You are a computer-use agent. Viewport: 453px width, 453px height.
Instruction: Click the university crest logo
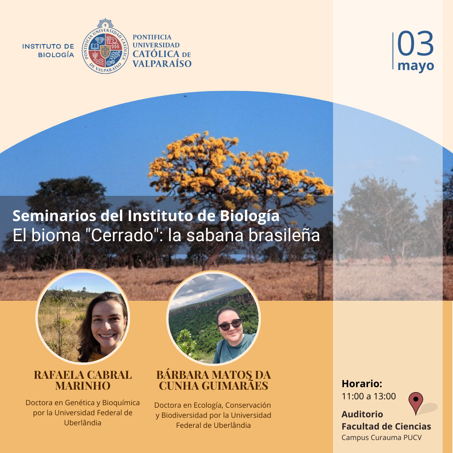[x=105, y=46]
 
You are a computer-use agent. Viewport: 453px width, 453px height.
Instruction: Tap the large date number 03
[x=415, y=44]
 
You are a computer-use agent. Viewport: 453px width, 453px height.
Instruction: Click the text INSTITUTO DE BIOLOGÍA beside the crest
[x=48, y=51]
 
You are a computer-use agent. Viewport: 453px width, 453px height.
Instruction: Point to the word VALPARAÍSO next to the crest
[x=162, y=64]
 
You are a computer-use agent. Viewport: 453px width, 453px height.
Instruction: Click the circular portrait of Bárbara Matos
[x=214, y=318]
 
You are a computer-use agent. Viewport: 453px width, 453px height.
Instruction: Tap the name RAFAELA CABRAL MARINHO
[x=83, y=380]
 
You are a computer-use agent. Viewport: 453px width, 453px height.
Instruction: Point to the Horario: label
[x=362, y=384]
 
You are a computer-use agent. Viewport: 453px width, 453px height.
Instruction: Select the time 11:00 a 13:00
[x=369, y=396]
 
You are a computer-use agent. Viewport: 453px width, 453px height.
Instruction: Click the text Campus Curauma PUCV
[x=381, y=437]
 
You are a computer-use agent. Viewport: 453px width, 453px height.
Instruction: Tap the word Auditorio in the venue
[x=362, y=414]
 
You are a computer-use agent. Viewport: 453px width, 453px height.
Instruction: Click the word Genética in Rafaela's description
[x=79, y=402]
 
